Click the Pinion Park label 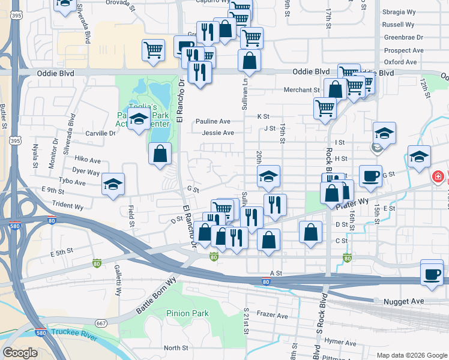(x=188, y=313)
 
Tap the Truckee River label (x=74, y=334)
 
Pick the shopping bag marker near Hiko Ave (x=160, y=154)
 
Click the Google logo (x=20, y=353)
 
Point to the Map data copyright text (x=411, y=355)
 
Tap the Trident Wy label (x=72, y=206)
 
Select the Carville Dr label (x=100, y=133)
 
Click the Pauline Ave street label (x=213, y=121)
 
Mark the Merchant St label (x=302, y=91)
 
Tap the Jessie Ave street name (x=218, y=133)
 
